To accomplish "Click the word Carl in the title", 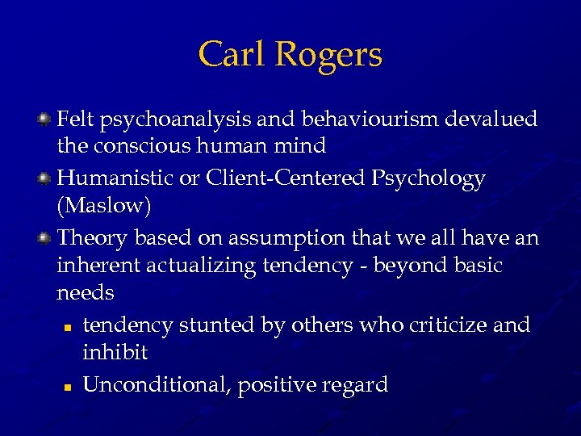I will pyautogui.click(x=233, y=55).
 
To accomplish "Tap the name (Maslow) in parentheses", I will pyautogui.click(x=104, y=206).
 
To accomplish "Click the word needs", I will pyautogui.click(x=86, y=293).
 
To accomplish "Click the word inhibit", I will pyautogui.click(x=115, y=354).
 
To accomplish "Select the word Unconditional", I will pyautogui.click(x=157, y=384).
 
